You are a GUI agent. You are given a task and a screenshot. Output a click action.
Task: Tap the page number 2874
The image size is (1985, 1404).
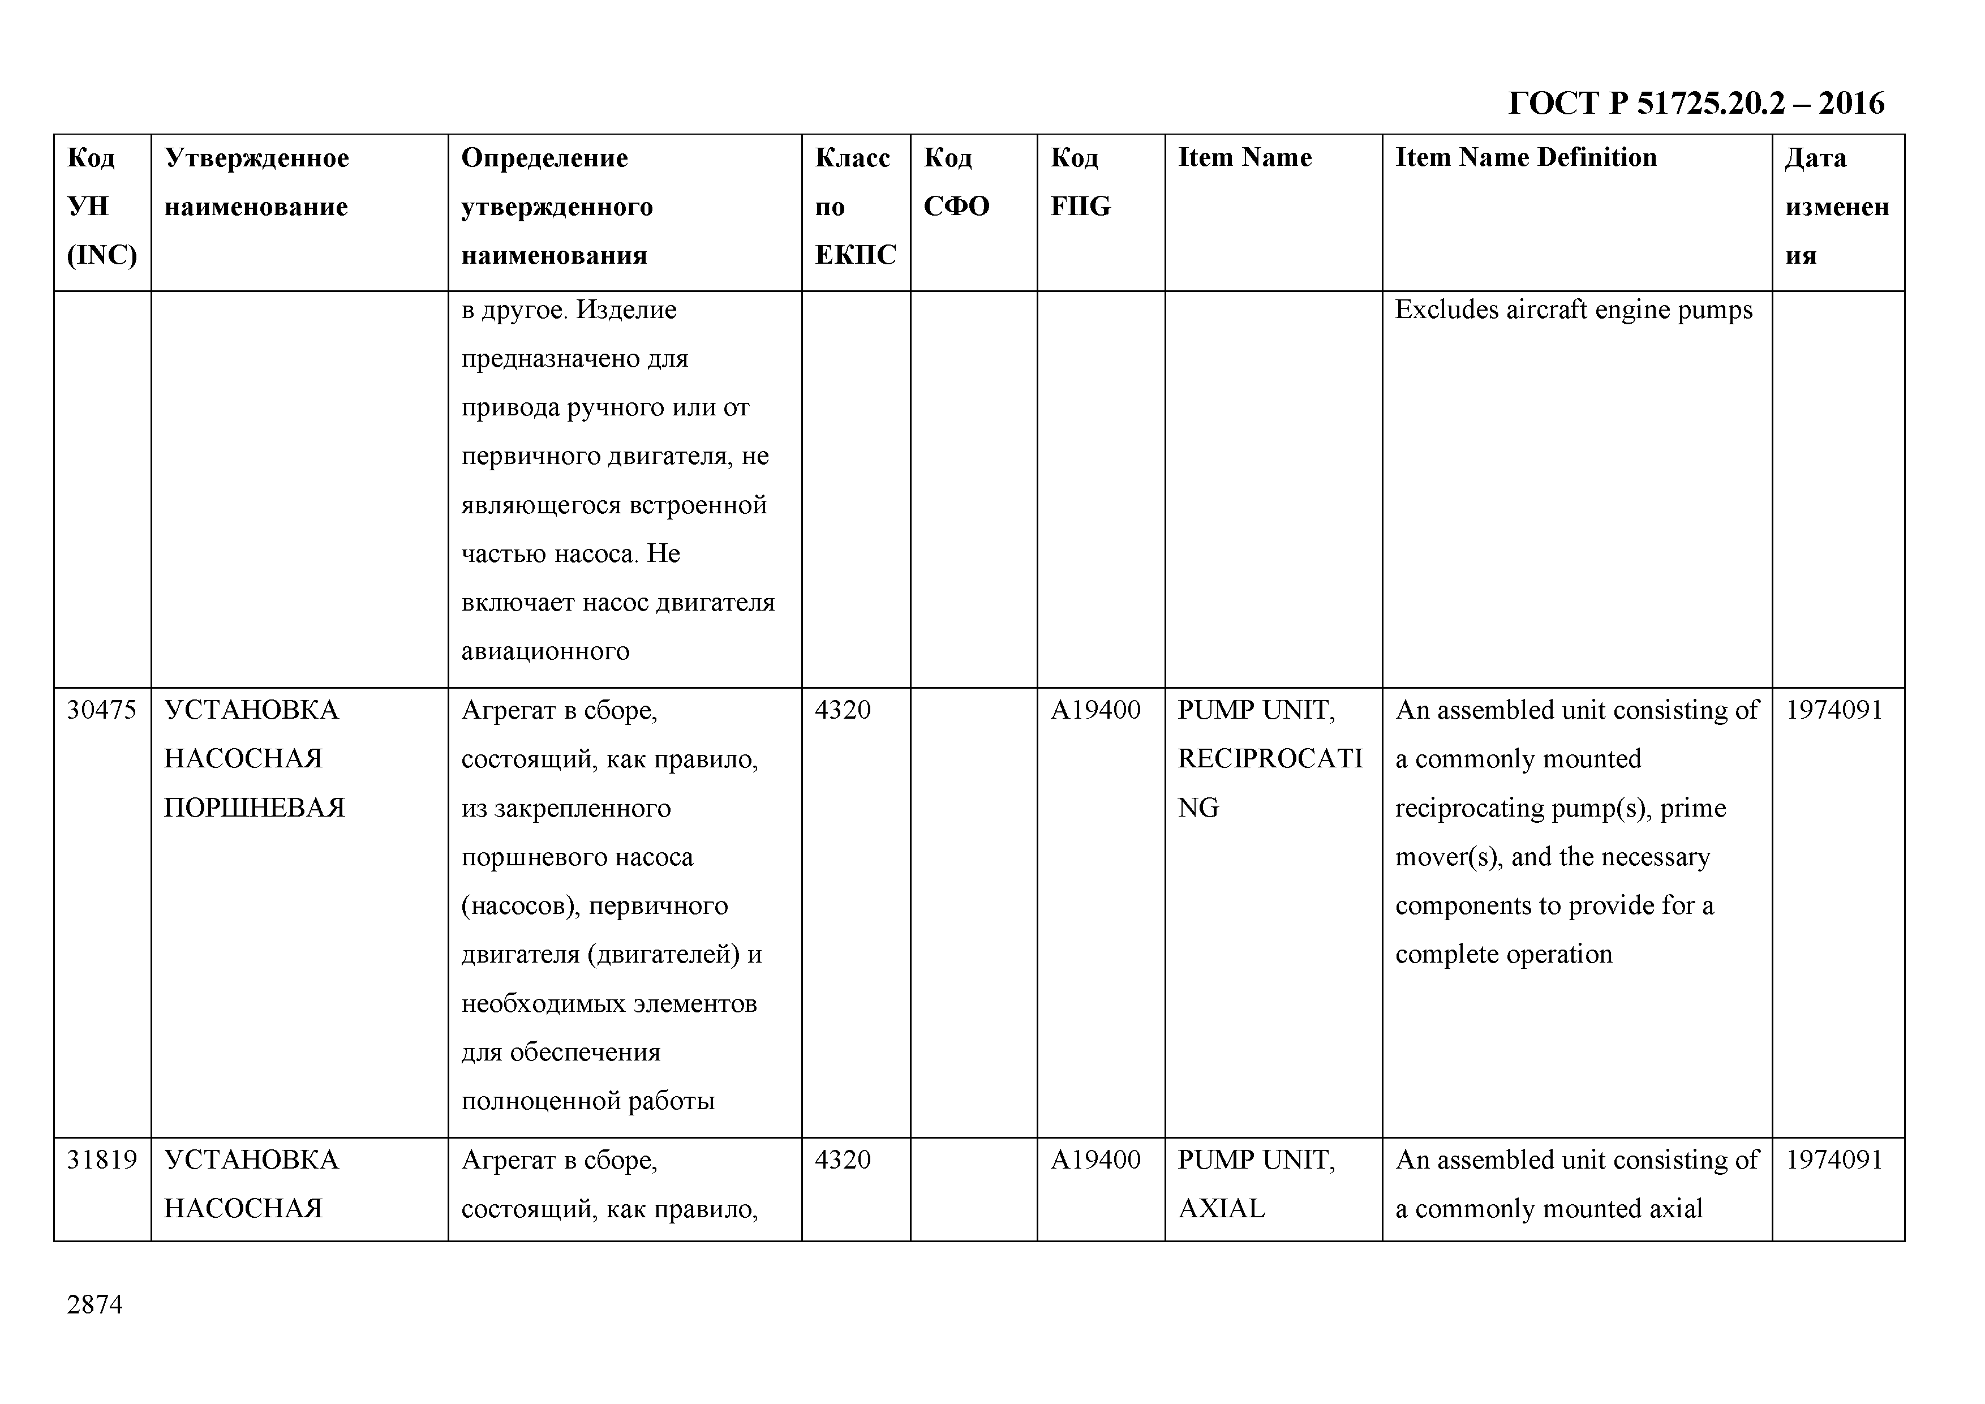(x=94, y=1304)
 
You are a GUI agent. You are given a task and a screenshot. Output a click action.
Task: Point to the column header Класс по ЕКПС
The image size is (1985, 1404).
(x=854, y=206)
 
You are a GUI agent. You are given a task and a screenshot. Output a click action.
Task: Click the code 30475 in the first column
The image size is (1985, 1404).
(x=101, y=710)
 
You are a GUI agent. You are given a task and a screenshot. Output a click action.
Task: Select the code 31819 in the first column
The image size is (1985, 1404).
(x=101, y=1160)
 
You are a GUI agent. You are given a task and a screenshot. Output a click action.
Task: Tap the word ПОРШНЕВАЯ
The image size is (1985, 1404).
(x=254, y=808)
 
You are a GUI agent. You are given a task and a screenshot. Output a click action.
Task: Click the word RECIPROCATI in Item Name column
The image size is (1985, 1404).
(x=1269, y=758)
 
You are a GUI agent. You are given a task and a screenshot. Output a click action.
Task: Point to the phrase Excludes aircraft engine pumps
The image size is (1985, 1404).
(x=1574, y=310)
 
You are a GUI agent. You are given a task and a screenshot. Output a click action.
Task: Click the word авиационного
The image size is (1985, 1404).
(x=545, y=651)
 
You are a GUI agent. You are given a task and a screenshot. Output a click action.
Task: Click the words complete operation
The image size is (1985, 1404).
(x=1503, y=954)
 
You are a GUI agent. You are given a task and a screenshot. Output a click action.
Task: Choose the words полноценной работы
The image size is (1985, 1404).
(x=588, y=1101)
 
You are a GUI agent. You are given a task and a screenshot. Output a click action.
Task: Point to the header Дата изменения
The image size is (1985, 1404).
(x=1836, y=206)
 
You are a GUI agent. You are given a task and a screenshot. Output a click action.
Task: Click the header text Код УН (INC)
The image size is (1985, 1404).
(x=101, y=206)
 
